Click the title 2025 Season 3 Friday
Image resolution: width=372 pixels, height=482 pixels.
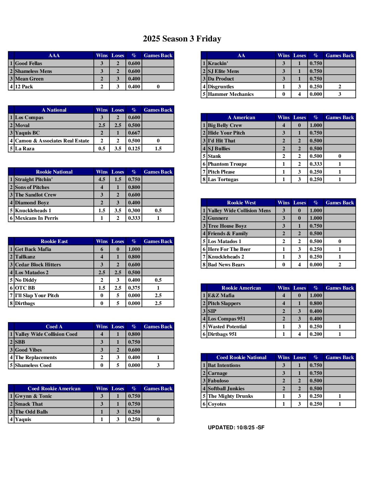[x=182, y=39]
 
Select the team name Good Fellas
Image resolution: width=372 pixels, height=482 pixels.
[x=29, y=63]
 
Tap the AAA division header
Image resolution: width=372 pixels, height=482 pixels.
[x=54, y=55]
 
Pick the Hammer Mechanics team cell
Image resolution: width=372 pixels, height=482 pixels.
[x=231, y=94]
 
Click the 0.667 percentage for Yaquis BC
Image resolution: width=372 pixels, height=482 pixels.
[x=134, y=133]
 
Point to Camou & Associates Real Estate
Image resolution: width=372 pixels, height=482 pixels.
[x=52, y=141]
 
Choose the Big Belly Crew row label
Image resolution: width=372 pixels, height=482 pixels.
[x=225, y=125]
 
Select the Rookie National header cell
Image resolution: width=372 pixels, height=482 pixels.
[x=54, y=172]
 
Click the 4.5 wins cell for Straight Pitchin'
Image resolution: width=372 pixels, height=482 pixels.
[x=102, y=179]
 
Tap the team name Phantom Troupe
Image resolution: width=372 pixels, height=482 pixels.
[x=227, y=164]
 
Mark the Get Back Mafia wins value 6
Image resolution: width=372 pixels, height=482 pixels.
[x=102, y=249]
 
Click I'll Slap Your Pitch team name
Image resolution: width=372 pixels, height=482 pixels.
[x=37, y=295]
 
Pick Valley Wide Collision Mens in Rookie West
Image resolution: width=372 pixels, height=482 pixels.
[x=239, y=211]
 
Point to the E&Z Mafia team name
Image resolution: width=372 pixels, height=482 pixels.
[x=221, y=295]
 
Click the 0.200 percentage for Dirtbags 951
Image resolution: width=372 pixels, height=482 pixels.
[x=316, y=334]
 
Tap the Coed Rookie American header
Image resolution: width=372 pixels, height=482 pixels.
[x=54, y=389]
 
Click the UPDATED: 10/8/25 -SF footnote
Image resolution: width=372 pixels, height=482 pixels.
[x=236, y=428]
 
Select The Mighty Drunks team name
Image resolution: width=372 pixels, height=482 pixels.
[x=230, y=396]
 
